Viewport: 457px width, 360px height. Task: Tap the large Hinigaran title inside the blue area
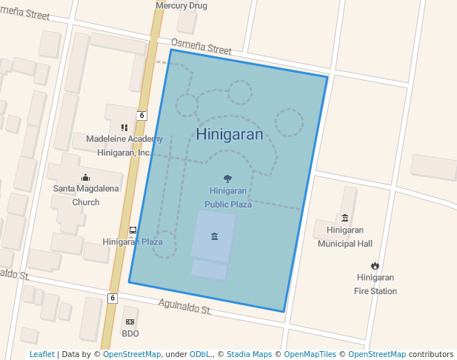point(230,134)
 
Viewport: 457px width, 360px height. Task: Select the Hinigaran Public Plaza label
point(228,198)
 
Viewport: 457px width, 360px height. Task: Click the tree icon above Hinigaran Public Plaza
point(227,178)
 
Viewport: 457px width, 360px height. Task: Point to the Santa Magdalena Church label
point(86,195)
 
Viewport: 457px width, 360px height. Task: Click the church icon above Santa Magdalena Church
point(85,177)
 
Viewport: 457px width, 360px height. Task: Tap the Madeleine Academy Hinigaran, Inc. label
point(124,146)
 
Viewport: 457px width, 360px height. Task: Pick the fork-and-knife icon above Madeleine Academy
point(124,127)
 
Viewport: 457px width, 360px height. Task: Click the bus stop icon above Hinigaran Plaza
point(133,230)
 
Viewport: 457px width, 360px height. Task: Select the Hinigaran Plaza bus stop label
point(133,242)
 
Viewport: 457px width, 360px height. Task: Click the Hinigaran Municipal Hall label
point(344,236)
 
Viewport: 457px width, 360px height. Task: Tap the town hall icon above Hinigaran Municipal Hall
point(344,218)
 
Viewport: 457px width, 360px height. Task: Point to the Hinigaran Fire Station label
point(376,284)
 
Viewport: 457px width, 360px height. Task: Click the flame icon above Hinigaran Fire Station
point(376,266)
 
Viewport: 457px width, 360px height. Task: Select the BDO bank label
point(130,333)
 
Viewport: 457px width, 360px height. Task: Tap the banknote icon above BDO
point(130,322)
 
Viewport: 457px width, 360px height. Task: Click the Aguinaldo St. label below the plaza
point(185,307)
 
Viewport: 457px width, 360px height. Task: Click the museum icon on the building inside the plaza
point(214,236)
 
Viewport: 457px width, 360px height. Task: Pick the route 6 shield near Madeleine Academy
point(141,115)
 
